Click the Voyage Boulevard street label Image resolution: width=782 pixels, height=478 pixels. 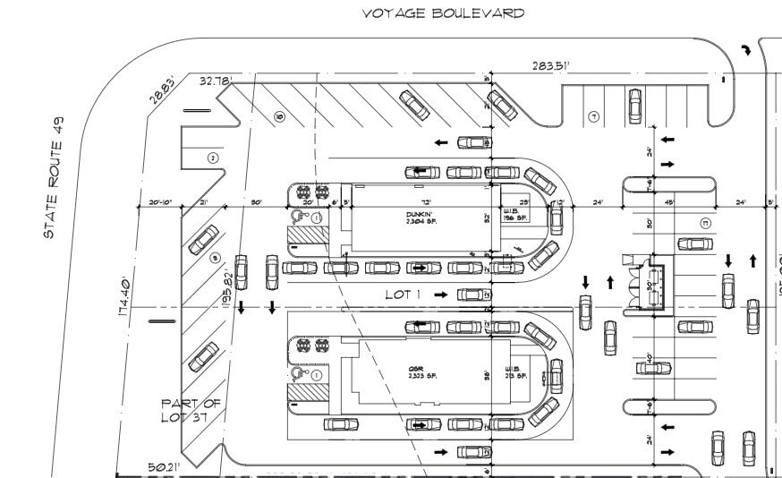click(x=443, y=13)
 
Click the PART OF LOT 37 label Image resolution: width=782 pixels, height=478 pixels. click(x=190, y=409)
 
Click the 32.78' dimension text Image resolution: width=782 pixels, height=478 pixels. click(x=216, y=81)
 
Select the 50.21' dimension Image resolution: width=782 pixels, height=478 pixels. click(x=164, y=466)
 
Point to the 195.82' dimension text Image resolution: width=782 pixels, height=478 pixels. click(x=225, y=289)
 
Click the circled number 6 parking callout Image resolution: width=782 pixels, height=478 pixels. click(x=278, y=116)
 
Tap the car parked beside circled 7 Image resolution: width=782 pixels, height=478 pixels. click(x=634, y=105)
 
